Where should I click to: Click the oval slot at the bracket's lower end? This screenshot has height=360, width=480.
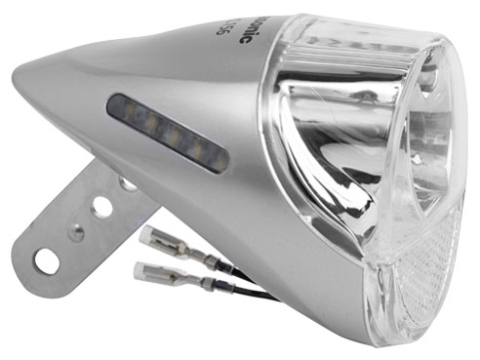45,259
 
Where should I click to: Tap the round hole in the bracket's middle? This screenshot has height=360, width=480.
100,206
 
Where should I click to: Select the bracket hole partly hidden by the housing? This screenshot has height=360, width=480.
124,183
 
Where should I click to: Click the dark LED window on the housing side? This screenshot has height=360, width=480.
167,133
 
